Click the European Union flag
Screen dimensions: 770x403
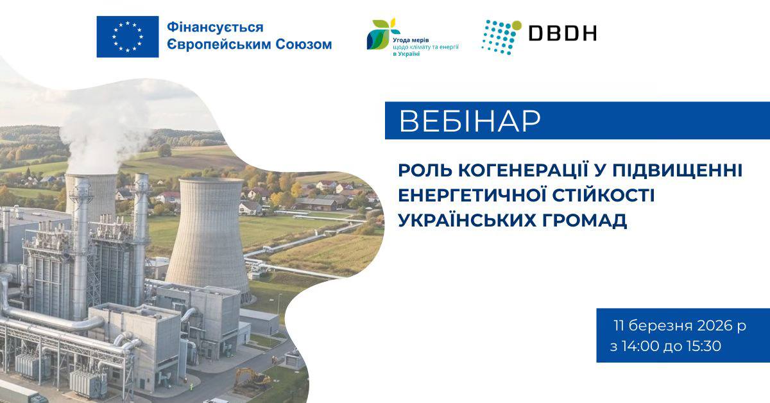click(x=128, y=37)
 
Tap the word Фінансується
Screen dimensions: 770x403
click(x=215, y=27)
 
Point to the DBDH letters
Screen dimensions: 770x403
click(x=562, y=33)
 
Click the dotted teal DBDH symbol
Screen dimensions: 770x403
click(x=502, y=37)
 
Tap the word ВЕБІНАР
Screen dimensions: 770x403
click(x=470, y=121)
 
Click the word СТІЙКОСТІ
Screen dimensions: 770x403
click(x=604, y=195)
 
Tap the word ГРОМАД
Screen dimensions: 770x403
click(x=585, y=220)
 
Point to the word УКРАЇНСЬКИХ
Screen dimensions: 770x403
click(x=467, y=219)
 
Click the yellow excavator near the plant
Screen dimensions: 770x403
click(x=253, y=378)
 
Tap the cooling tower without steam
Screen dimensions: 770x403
click(x=208, y=237)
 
